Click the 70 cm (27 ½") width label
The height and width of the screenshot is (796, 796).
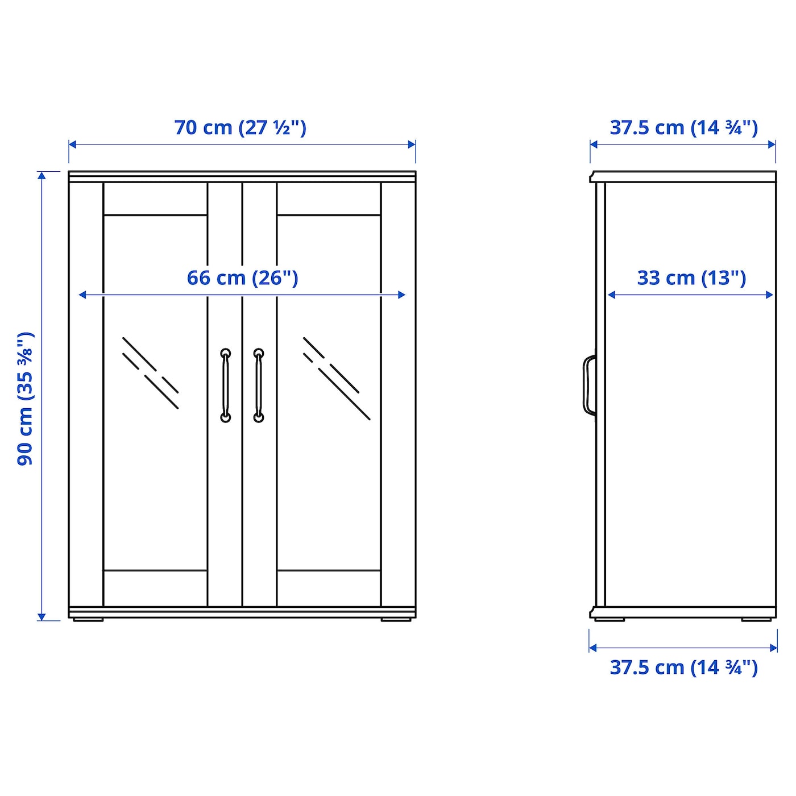click(240, 127)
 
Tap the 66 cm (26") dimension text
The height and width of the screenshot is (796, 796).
click(242, 278)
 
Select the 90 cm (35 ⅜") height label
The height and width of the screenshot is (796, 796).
click(25, 399)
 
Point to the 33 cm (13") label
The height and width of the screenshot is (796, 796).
click(691, 278)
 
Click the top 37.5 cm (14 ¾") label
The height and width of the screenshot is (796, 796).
click(683, 127)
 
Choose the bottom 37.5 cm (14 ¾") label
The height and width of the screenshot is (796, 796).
click(683, 668)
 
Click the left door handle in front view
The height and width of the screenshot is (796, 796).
click(226, 386)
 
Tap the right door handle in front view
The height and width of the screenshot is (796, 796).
click(259, 386)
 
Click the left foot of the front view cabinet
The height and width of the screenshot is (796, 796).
click(88, 620)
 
